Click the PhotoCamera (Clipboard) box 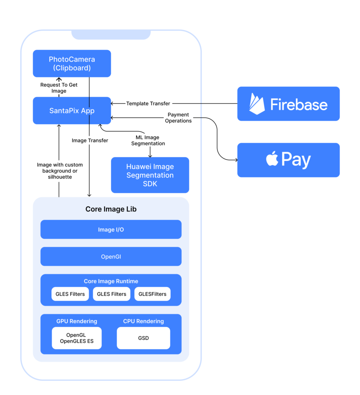(x=72, y=64)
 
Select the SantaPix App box (x=72, y=111)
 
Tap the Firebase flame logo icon (x=257, y=104)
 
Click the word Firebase (x=299, y=105)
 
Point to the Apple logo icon (x=272, y=159)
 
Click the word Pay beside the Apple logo (x=296, y=160)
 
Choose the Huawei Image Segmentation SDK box (x=150, y=175)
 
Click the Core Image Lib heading (x=111, y=209)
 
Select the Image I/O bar (x=111, y=230)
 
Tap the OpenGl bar (x=111, y=257)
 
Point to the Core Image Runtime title (x=111, y=281)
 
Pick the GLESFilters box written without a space (x=152, y=294)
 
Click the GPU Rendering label (x=77, y=321)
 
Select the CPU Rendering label (x=143, y=321)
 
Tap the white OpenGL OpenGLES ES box (x=77, y=338)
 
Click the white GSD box (x=143, y=338)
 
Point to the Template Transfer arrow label (x=148, y=103)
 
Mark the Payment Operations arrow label (x=178, y=118)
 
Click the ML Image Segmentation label (x=148, y=140)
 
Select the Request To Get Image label (x=59, y=88)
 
